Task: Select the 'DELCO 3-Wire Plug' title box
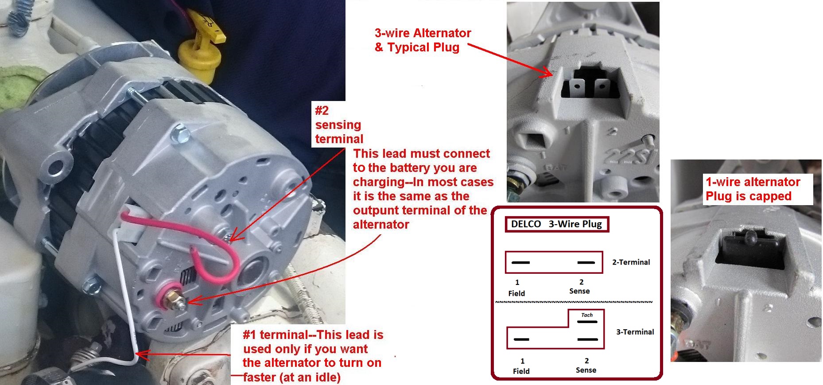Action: click(557, 224)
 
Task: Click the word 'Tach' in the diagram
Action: click(587, 315)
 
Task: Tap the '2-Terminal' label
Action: click(631, 262)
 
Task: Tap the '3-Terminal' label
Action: click(635, 332)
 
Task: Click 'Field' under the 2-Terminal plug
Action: click(516, 293)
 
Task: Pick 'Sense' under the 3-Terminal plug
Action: click(586, 370)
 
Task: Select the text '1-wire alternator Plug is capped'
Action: click(753, 189)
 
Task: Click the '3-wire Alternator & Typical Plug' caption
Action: click(422, 40)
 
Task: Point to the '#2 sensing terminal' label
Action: click(338, 125)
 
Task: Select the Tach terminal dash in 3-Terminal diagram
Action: click(587, 322)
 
